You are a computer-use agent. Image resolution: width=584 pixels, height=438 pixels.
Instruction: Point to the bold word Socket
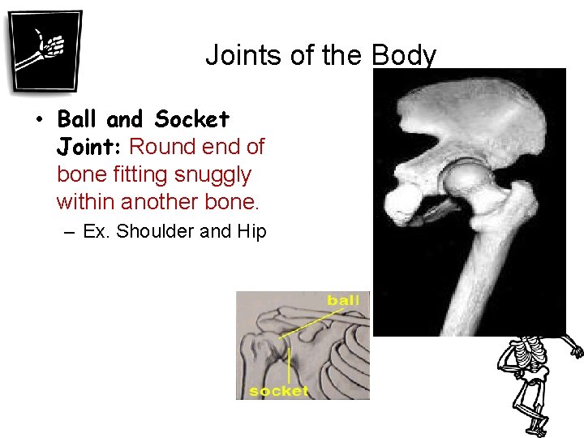(191, 120)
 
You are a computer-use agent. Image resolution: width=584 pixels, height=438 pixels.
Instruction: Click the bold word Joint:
(89, 148)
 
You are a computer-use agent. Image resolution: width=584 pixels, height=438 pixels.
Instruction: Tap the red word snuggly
(213, 174)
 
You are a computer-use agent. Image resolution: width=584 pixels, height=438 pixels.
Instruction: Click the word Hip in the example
(251, 231)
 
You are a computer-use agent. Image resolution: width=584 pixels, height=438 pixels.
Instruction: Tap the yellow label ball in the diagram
(343, 301)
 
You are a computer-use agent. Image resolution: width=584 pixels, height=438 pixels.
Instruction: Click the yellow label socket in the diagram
(278, 391)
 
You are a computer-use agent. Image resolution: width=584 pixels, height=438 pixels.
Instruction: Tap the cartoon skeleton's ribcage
(530, 353)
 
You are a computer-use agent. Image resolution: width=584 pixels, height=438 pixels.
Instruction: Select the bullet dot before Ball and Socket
(38, 121)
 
